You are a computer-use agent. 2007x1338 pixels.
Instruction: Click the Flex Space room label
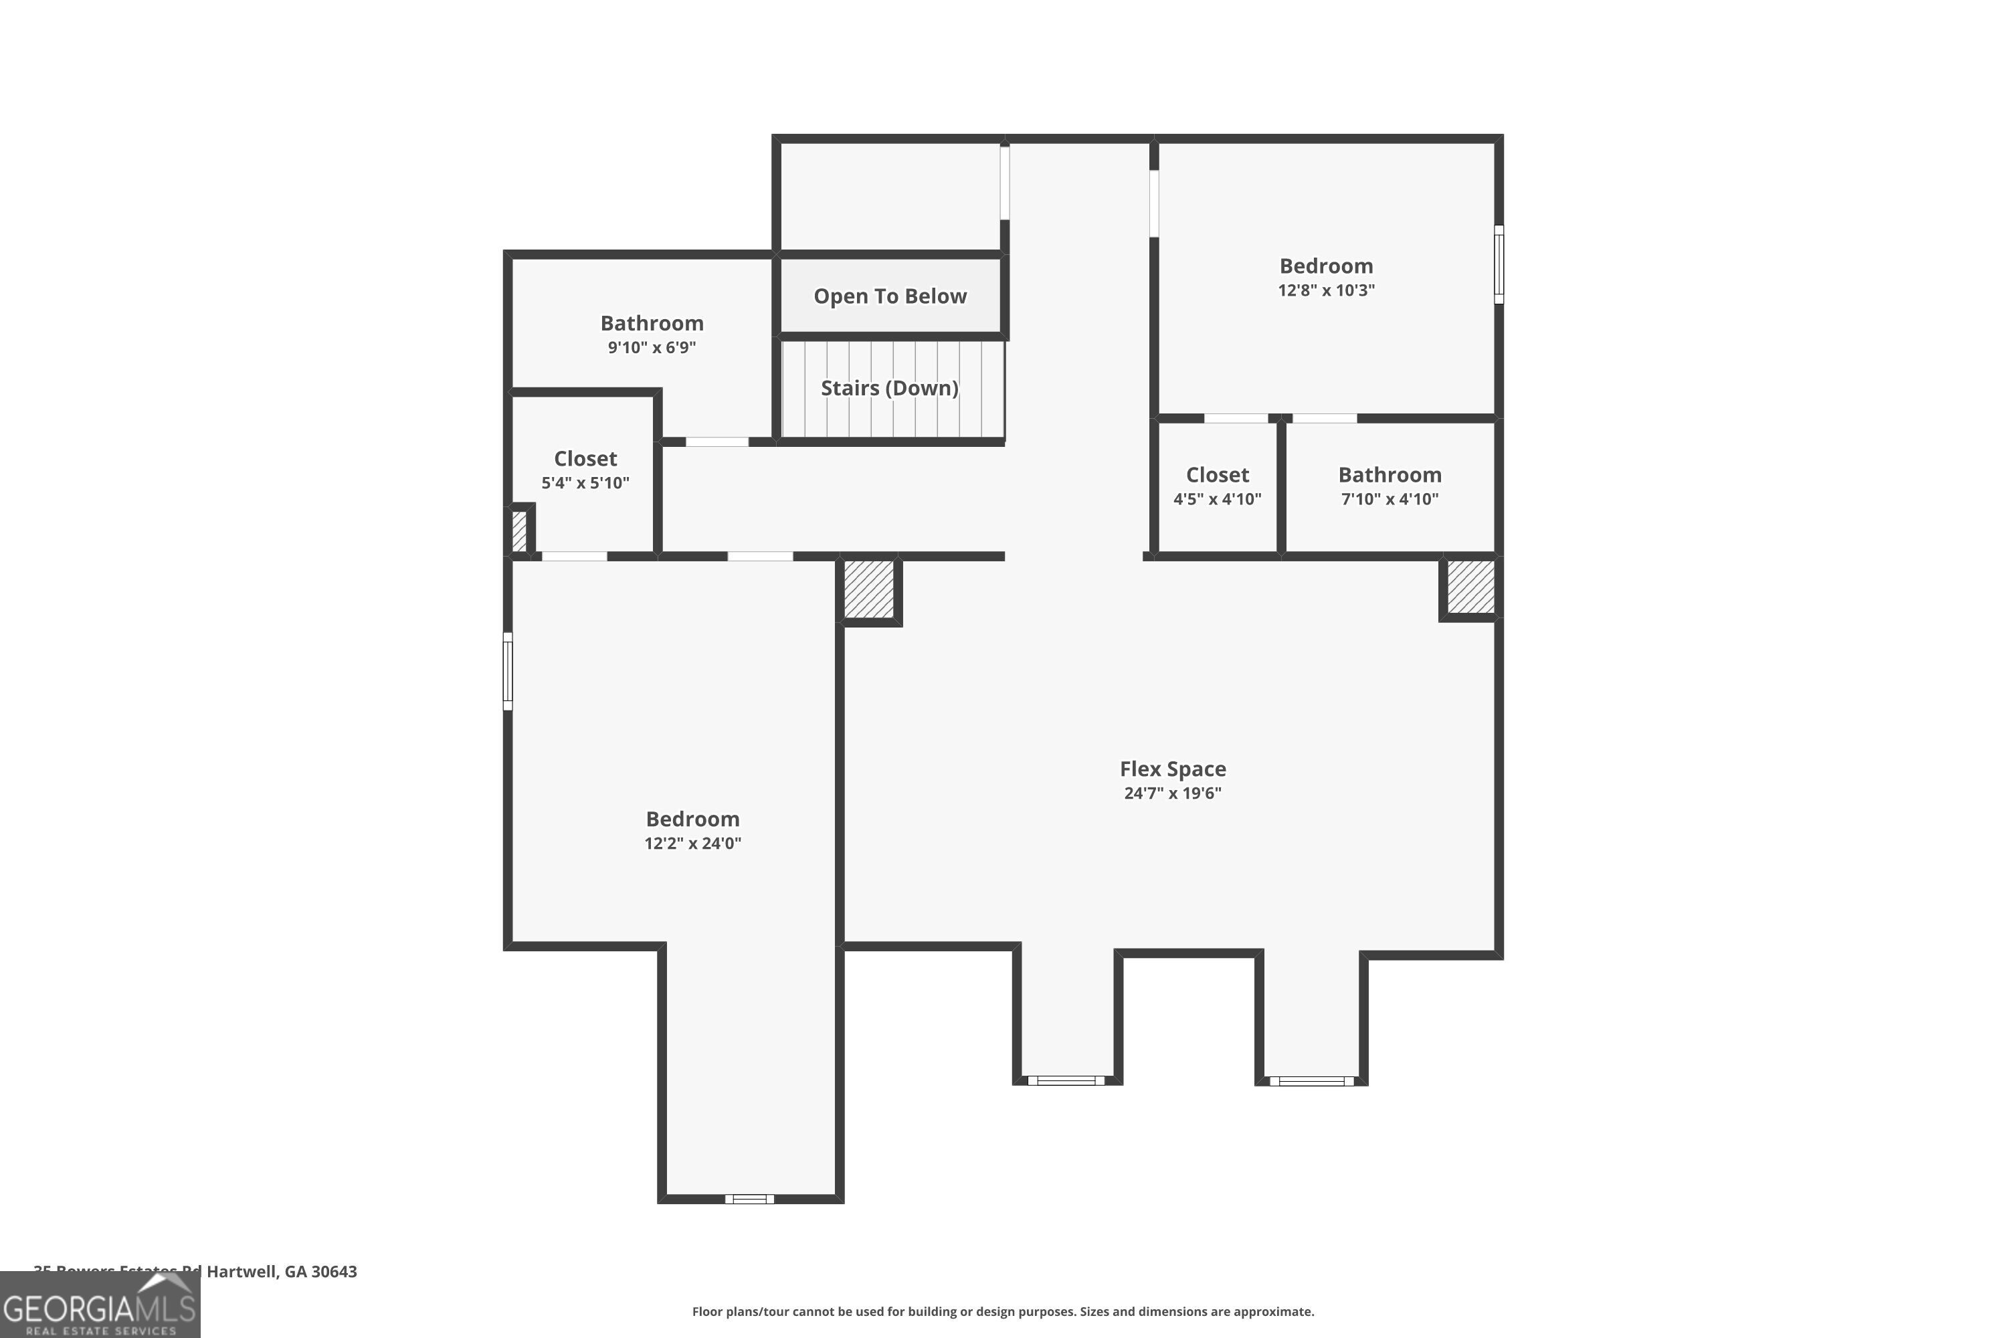click(1173, 769)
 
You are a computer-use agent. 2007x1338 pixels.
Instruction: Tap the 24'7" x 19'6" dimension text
click(1173, 793)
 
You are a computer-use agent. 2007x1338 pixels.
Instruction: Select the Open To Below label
click(890, 296)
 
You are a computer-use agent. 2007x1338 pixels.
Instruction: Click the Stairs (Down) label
click(889, 387)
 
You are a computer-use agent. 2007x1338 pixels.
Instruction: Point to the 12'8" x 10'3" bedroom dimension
click(1326, 290)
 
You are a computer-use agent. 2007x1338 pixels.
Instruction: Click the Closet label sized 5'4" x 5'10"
click(585, 459)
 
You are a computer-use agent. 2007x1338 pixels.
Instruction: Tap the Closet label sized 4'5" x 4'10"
click(1217, 475)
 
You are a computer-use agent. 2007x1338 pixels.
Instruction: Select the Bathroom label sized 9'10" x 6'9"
click(652, 323)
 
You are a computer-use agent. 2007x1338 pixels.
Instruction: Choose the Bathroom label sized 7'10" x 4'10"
click(1390, 475)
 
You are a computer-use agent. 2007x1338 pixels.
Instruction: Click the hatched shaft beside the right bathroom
click(1471, 587)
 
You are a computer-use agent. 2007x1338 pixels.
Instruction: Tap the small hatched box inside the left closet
click(519, 531)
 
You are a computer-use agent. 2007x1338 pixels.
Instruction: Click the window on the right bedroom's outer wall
click(1499, 264)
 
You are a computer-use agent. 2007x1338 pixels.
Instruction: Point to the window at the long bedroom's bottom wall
click(749, 1199)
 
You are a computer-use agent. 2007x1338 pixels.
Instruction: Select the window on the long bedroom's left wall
click(508, 671)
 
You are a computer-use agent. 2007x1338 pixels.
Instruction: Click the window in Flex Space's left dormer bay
click(1066, 1080)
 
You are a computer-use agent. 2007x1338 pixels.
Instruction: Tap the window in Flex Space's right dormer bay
click(1311, 1081)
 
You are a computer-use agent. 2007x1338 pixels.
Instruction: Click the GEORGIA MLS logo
click(100, 1306)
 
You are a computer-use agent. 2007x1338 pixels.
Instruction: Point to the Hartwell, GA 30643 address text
click(282, 1272)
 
